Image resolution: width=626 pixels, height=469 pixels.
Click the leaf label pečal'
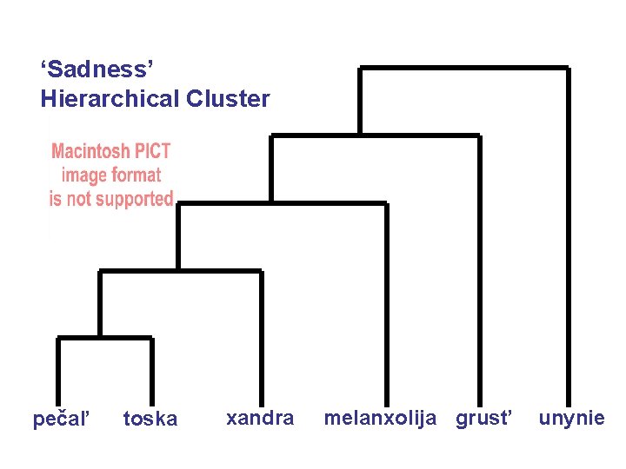(61, 419)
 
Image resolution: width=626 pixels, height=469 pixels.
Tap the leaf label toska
(150, 419)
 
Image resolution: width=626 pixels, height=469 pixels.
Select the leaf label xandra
(260, 418)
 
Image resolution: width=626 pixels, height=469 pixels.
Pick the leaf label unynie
(571, 418)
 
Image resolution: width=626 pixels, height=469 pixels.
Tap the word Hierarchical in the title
(110, 99)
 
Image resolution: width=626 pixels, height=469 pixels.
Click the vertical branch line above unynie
(568, 234)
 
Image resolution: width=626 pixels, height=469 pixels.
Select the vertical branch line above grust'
(478, 269)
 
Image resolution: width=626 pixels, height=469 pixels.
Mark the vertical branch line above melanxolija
(386, 304)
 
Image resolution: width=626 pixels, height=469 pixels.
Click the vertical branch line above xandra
(260, 334)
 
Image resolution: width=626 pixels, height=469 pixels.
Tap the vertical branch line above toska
(151, 369)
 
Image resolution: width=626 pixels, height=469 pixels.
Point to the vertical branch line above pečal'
(59, 369)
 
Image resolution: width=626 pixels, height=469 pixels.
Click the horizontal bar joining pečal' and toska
(105, 338)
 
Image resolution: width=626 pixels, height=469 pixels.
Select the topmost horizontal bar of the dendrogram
(464, 68)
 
